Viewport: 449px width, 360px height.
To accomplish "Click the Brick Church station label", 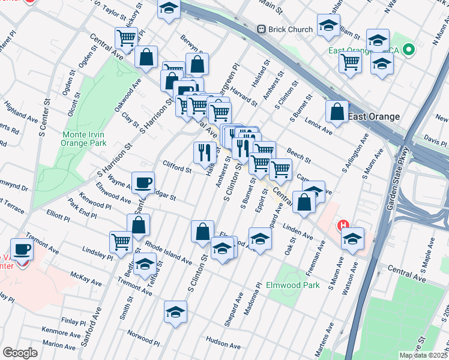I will click(x=291, y=29).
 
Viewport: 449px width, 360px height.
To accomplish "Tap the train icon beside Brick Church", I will click(x=261, y=29).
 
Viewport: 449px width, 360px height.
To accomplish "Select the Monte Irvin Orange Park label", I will click(x=84, y=139).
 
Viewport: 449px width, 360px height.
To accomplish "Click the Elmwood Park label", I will click(x=294, y=285).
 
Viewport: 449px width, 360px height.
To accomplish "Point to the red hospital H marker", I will click(x=343, y=226).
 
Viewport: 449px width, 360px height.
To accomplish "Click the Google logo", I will click(x=20, y=352).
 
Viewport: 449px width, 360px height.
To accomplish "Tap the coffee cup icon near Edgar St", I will click(x=143, y=182).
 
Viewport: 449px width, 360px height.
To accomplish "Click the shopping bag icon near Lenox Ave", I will click(x=337, y=111).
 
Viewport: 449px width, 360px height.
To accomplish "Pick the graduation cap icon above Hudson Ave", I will click(x=175, y=311).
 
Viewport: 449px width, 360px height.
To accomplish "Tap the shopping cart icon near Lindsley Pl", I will click(x=121, y=242).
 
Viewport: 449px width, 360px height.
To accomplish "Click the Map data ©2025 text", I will click(x=423, y=355).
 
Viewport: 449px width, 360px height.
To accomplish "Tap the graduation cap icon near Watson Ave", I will click(x=353, y=238).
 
